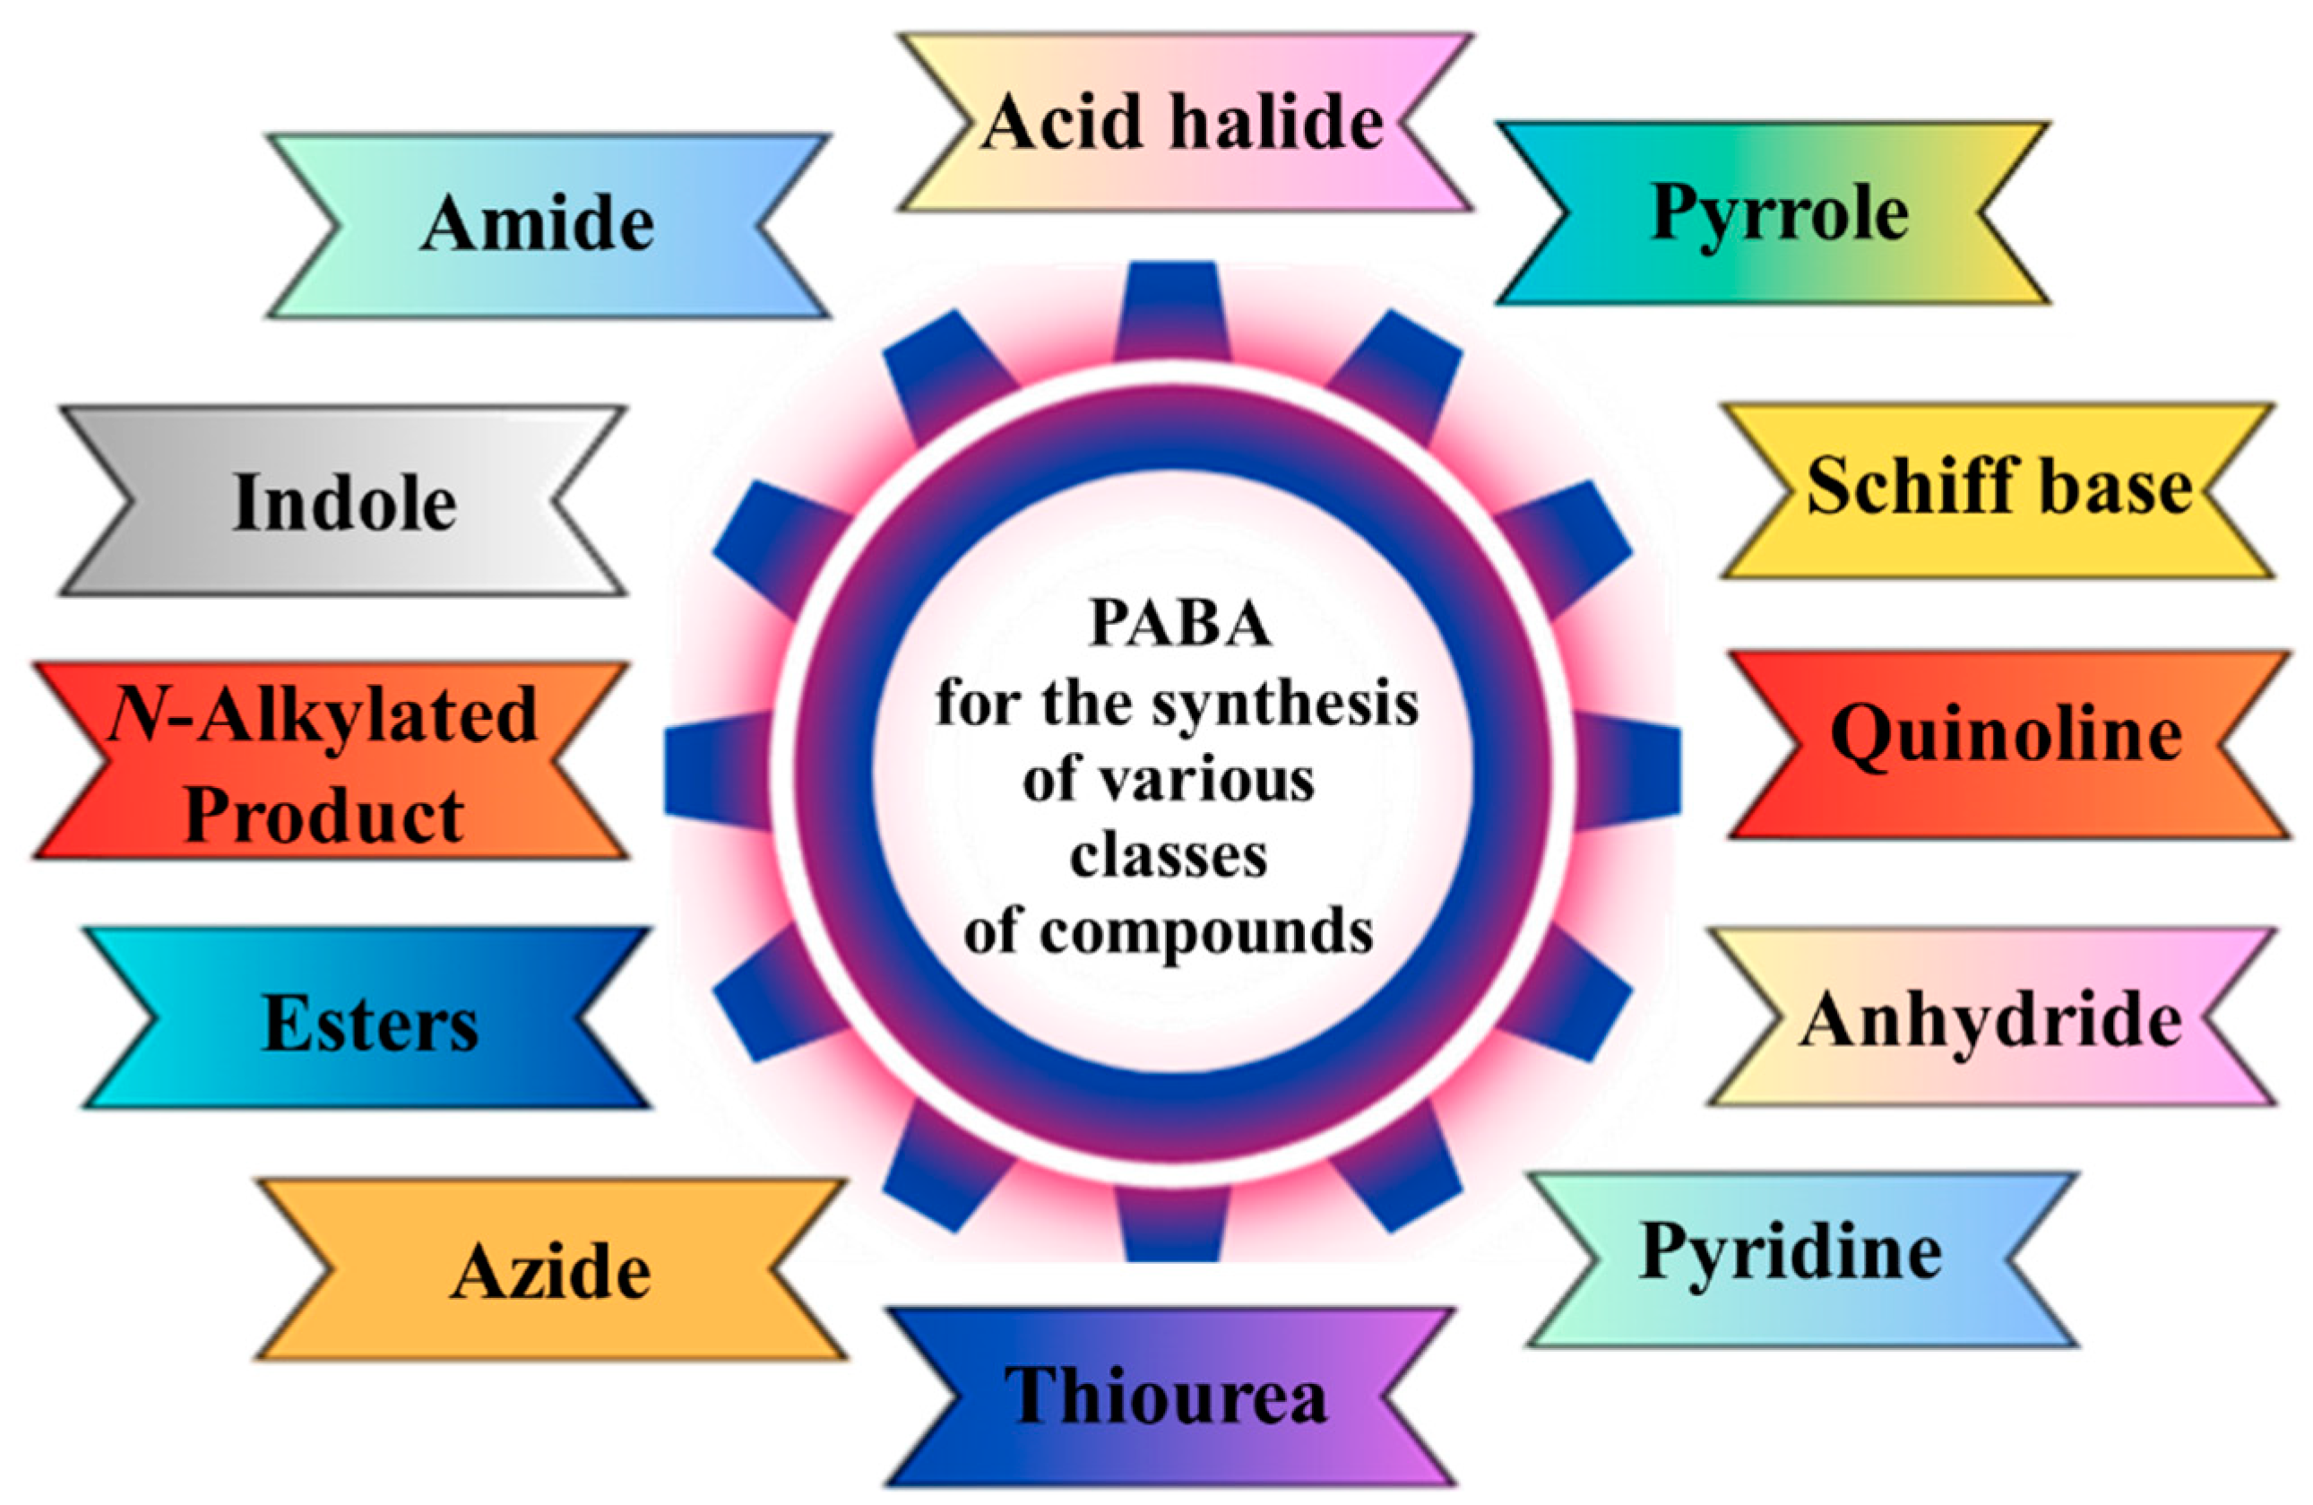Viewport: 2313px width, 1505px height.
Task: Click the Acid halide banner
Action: (x=1184, y=123)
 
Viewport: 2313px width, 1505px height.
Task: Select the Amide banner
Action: (x=540, y=226)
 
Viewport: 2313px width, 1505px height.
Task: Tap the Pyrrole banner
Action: (x=1779, y=214)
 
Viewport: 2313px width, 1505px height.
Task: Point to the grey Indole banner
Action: (x=344, y=502)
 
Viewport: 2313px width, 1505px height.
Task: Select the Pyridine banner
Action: (x=1794, y=1254)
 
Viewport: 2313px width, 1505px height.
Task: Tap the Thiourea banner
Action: (x=1166, y=1397)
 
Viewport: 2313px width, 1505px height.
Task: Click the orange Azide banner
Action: (x=550, y=1272)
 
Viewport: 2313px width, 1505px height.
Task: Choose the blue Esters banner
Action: (x=369, y=1025)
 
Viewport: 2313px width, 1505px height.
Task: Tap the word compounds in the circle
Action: (x=1205, y=933)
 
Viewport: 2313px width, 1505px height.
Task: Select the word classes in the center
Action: (x=1169, y=858)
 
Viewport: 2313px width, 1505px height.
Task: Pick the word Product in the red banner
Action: (x=323, y=815)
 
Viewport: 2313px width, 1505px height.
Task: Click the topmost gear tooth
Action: (x=1172, y=309)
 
